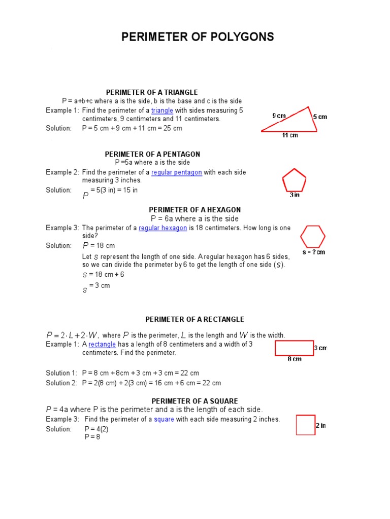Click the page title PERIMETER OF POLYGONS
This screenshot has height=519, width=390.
198,37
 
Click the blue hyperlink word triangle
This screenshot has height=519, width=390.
162,110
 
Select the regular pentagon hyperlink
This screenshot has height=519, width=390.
177,172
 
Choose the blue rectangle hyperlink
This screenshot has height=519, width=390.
103,344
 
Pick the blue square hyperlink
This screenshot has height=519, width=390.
164,419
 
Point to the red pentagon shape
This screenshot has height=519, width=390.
294,180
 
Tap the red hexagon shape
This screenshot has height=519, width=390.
312,237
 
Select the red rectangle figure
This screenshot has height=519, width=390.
294,348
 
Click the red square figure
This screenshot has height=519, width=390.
305,425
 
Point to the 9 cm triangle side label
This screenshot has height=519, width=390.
279,116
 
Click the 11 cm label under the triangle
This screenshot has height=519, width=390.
290,135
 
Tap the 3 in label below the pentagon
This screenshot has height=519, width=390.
295,195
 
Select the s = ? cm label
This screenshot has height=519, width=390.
313,252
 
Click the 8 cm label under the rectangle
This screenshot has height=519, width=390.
295,359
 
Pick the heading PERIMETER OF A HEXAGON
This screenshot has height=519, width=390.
194,210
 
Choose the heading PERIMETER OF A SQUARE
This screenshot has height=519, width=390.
194,401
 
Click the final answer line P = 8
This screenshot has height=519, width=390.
92,437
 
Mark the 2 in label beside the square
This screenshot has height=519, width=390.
320,426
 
